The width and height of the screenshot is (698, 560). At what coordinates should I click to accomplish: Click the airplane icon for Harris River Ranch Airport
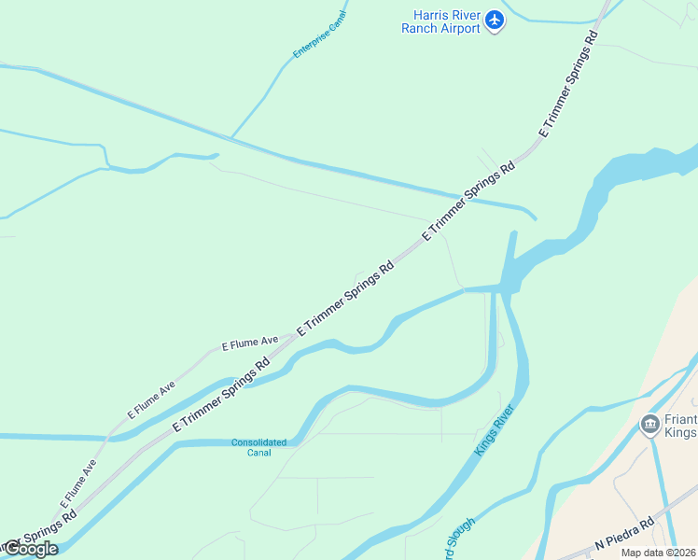[x=495, y=20]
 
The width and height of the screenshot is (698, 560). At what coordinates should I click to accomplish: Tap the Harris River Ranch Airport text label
[x=440, y=21]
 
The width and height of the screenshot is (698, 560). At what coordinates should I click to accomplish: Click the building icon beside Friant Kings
[x=650, y=425]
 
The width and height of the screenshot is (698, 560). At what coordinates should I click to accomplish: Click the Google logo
[x=30, y=549]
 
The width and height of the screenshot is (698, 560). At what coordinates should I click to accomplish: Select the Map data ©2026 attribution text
[x=659, y=553]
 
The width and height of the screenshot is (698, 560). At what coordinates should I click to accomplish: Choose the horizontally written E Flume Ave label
[x=250, y=343]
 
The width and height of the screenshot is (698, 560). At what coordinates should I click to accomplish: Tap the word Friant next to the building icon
[x=680, y=420]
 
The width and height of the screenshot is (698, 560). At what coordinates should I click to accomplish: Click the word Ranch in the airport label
[x=418, y=28]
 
